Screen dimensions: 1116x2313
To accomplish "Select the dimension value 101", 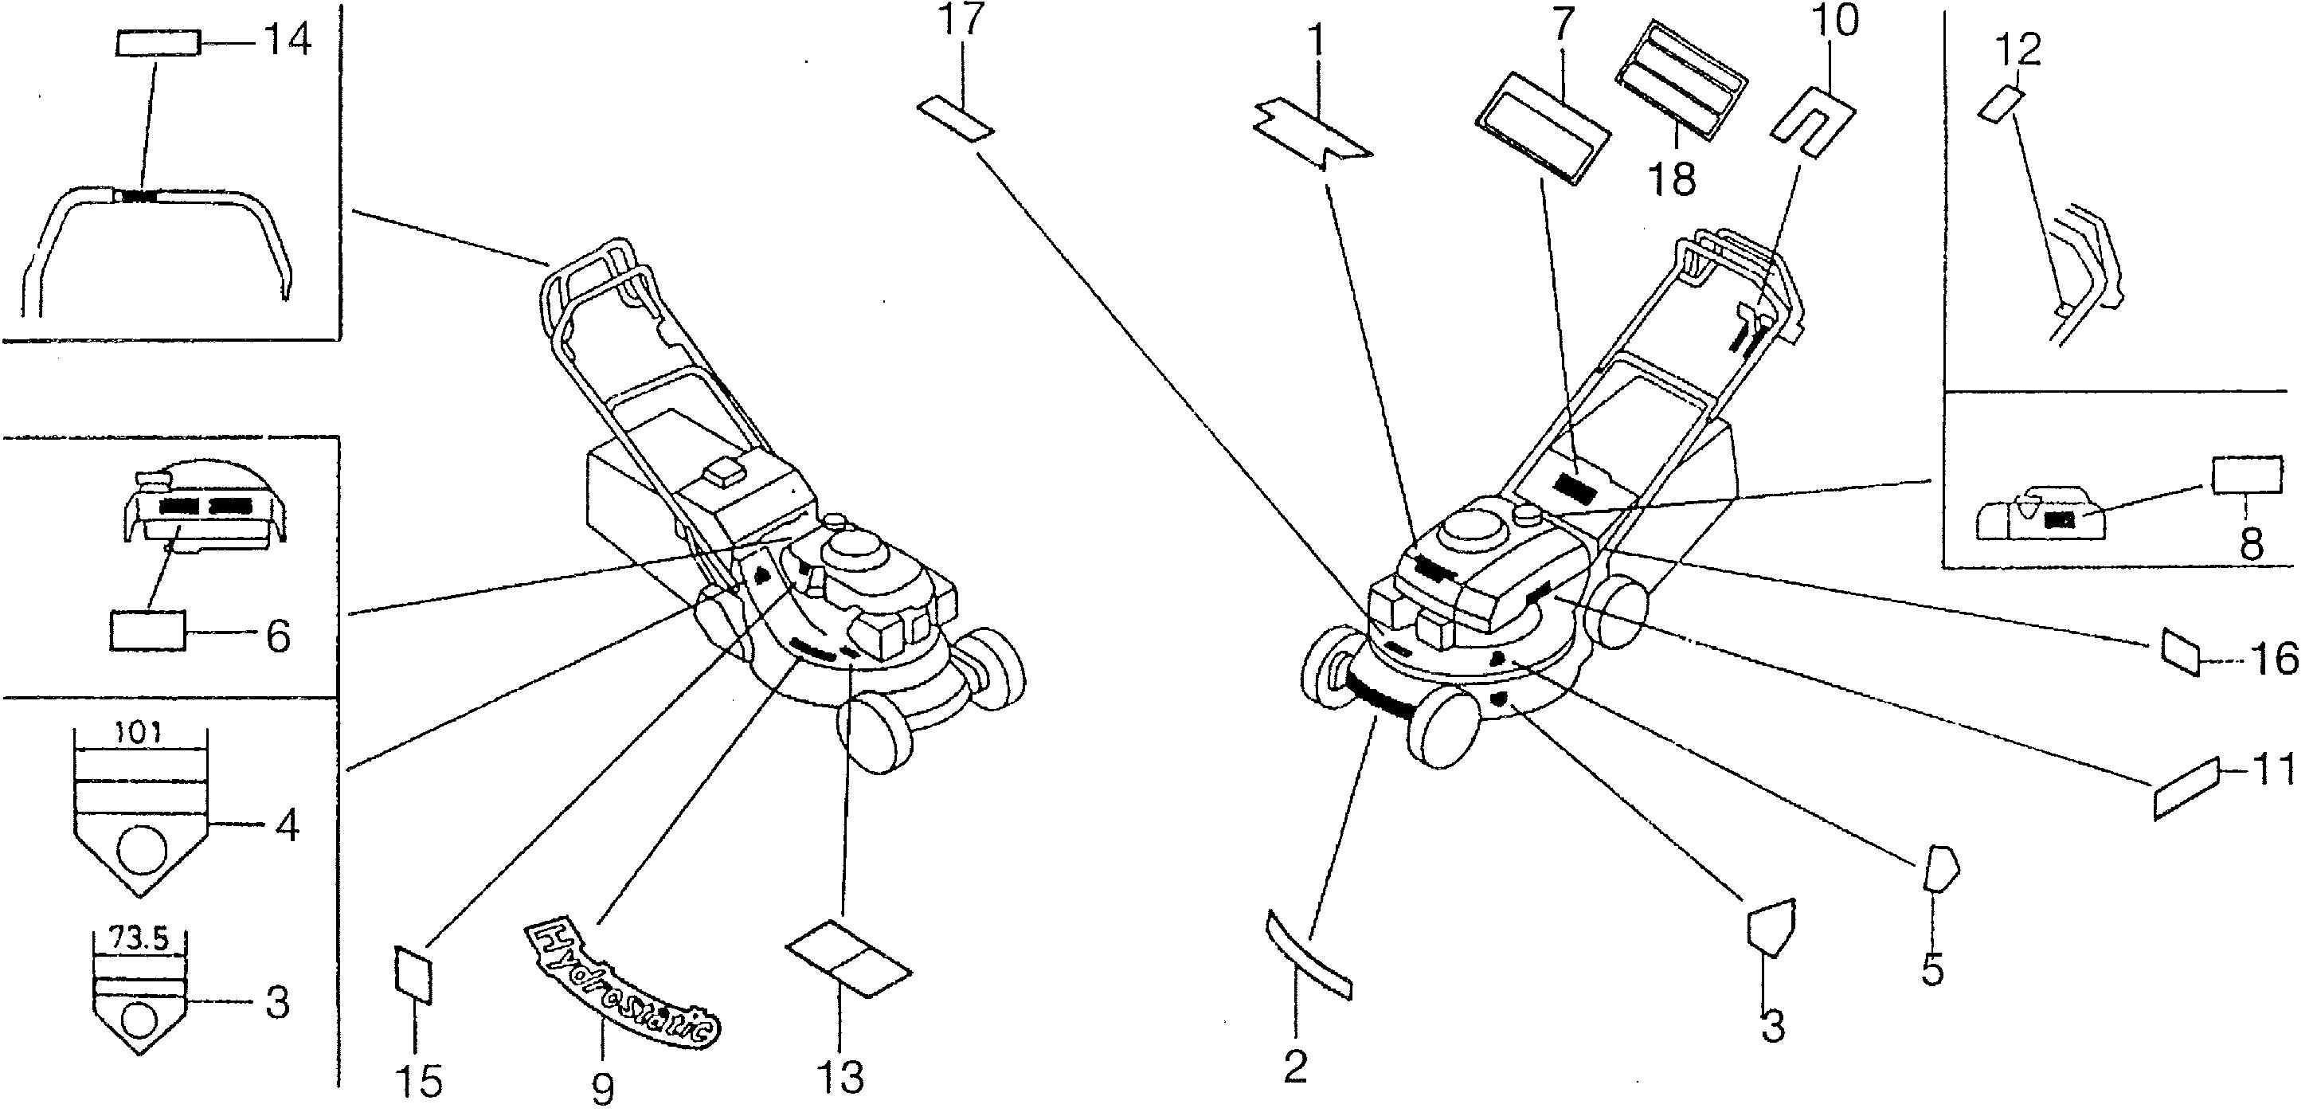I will (139, 734).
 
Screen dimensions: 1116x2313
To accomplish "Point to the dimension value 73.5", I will (139, 939).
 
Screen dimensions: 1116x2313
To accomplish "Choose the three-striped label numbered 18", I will (1681, 80).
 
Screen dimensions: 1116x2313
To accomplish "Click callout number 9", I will (602, 1089).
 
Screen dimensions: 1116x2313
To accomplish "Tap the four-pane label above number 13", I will (847, 956).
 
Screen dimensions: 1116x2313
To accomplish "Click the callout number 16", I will (2276, 662).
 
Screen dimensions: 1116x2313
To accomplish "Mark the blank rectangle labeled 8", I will (2247, 475).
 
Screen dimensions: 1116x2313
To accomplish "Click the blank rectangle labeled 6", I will (147, 629).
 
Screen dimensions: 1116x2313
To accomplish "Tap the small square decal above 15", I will (414, 973).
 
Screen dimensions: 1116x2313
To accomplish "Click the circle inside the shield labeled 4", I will (142, 852).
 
